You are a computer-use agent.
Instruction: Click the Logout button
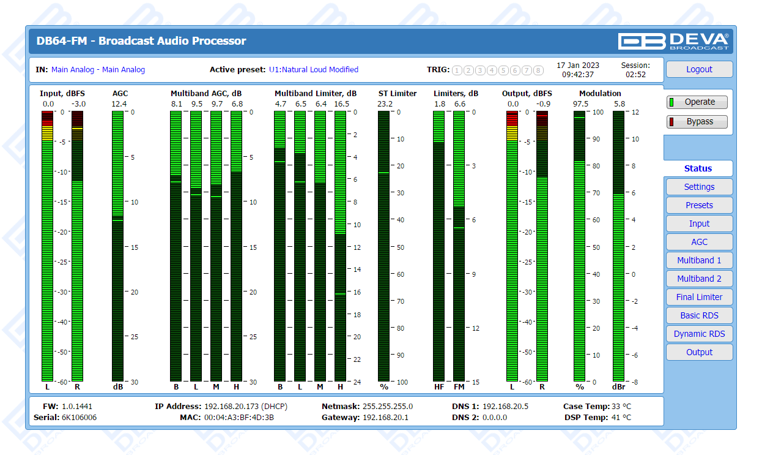699,69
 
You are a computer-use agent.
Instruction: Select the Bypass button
698,121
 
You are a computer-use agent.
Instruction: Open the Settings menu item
699,187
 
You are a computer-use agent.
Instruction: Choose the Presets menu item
699,205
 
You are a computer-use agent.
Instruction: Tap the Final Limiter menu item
699,297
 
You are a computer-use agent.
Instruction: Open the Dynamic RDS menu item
699,334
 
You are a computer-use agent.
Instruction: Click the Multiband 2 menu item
699,279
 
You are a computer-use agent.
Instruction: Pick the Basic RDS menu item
699,315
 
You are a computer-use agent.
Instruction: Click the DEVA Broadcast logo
673,41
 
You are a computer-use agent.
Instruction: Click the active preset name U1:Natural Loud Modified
313,70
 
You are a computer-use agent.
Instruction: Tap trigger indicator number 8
538,70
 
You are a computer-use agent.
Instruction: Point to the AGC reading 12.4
119,104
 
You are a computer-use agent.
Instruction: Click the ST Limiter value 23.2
385,104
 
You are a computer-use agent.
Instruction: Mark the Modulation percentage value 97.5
580,104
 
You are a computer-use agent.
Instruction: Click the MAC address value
239,418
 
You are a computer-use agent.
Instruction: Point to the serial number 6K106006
79,418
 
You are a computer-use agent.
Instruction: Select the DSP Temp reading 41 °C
621,418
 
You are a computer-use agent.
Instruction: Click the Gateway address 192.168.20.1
385,418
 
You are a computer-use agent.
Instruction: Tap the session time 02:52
635,75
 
